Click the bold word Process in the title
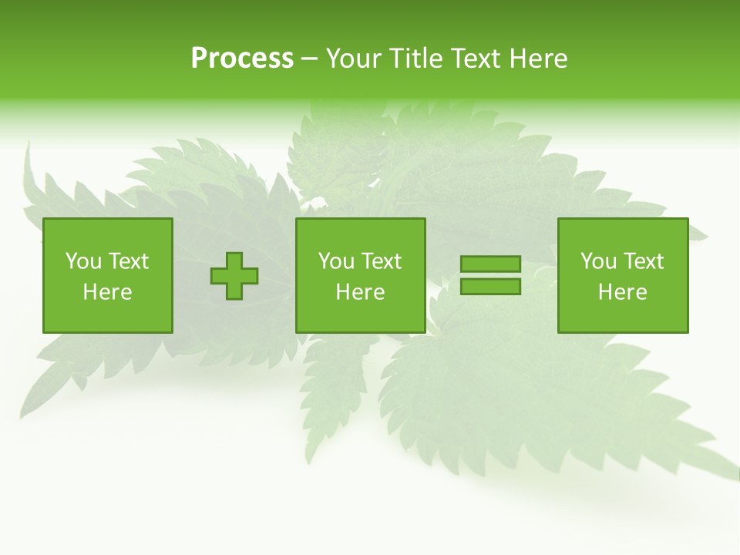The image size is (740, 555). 242,59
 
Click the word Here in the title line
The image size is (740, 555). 539,59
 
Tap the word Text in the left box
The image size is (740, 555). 128,261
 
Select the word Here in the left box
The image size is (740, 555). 107,292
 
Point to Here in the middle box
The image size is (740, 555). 360,292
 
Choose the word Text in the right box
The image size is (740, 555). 643,261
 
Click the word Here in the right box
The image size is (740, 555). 622,292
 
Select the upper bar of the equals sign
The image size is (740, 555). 490,264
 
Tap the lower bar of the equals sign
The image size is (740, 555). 490,287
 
